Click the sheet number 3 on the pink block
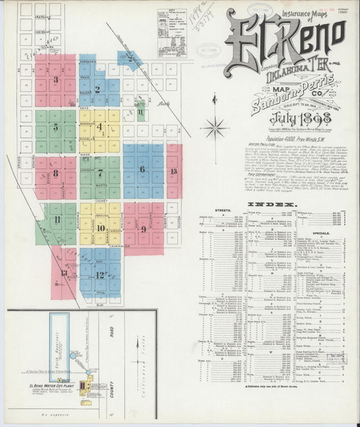(56, 79)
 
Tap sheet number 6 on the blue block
(142, 169)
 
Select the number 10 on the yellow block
(100, 228)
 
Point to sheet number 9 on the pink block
(143, 229)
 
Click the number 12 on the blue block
(99, 274)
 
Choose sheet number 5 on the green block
(55, 126)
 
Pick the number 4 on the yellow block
(100, 126)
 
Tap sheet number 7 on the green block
(100, 172)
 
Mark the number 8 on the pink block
(55, 173)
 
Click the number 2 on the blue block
(97, 89)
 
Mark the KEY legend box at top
(172, 32)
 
